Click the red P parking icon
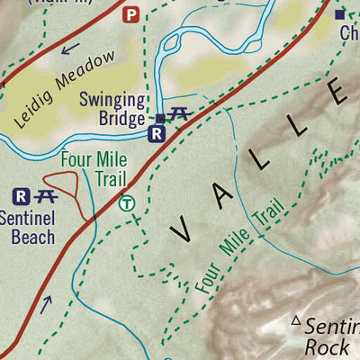tap(131, 14)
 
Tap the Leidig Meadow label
tap(66, 88)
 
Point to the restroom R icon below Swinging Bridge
tap(157, 135)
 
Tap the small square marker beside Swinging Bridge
tap(159, 118)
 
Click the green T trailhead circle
tap(128, 203)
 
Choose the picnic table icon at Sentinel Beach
tap(46, 195)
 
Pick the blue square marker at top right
tap(340, 14)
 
